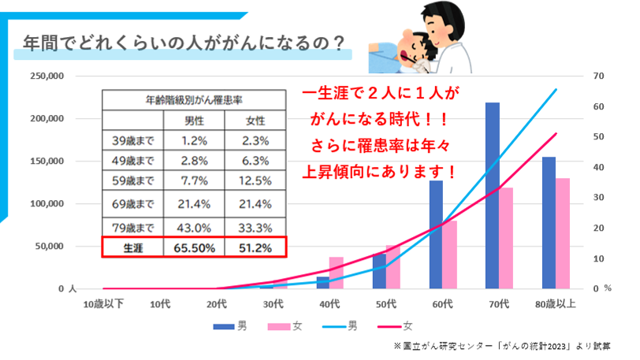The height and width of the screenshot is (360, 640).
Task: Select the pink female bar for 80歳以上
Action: click(x=564, y=233)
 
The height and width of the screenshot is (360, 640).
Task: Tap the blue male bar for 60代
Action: click(x=436, y=235)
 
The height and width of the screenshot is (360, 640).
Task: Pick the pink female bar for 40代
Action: click(x=336, y=273)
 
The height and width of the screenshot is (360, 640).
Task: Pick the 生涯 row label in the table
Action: click(x=133, y=247)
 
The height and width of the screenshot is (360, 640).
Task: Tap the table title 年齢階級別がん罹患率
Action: click(x=193, y=100)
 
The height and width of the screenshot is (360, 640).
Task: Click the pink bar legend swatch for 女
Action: click(x=279, y=325)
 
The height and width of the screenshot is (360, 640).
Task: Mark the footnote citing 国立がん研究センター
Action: click(x=508, y=347)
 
